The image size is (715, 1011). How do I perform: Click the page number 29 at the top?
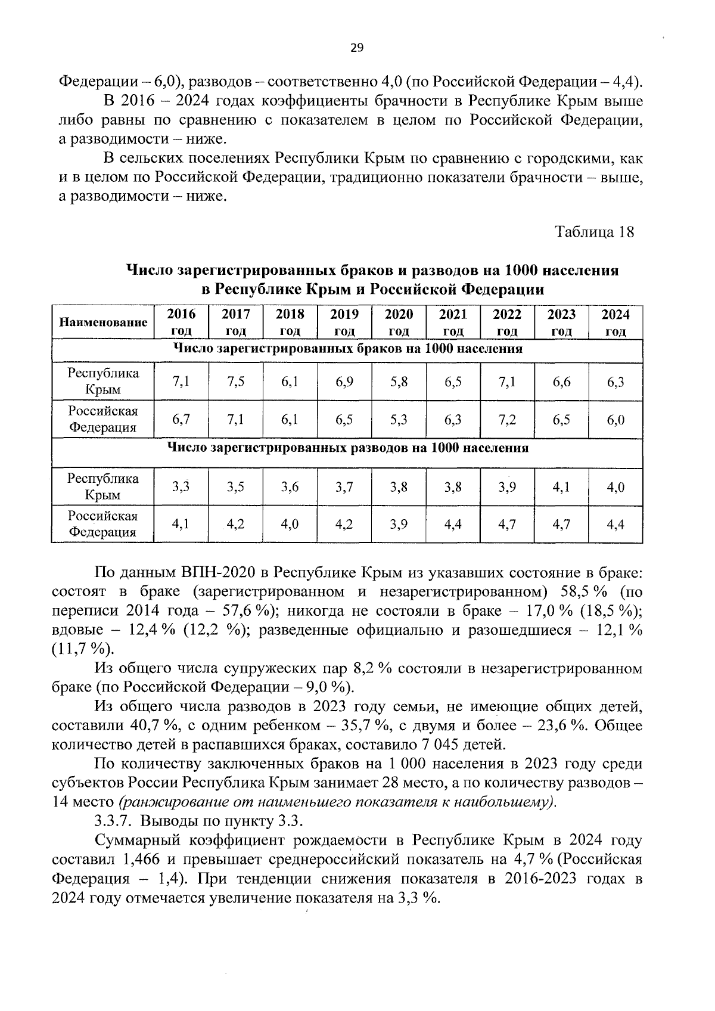[x=356, y=49]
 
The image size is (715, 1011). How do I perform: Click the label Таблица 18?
[x=595, y=231]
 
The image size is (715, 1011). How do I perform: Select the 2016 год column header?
[x=181, y=322]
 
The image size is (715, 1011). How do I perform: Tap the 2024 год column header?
[x=615, y=322]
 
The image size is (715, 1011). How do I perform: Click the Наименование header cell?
[x=103, y=322]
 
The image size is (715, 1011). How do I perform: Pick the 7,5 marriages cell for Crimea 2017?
[x=235, y=382]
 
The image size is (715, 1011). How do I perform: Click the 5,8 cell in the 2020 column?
[x=399, y=382]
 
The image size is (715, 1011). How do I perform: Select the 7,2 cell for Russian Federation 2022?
[x=507, y=420]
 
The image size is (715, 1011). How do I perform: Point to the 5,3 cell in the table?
[x=399, y=420]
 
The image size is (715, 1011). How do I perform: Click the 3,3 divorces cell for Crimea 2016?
[x=181, y=487]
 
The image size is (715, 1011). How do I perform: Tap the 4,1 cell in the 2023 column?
[x=561, y=487]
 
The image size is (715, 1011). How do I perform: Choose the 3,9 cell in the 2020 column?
[x=399, y=525]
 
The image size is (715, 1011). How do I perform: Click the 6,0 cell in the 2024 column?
[x=615, y=420]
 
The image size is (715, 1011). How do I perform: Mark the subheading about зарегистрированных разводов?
[x=347, y=448]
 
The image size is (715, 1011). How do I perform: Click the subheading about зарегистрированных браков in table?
[x=347, y=349]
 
